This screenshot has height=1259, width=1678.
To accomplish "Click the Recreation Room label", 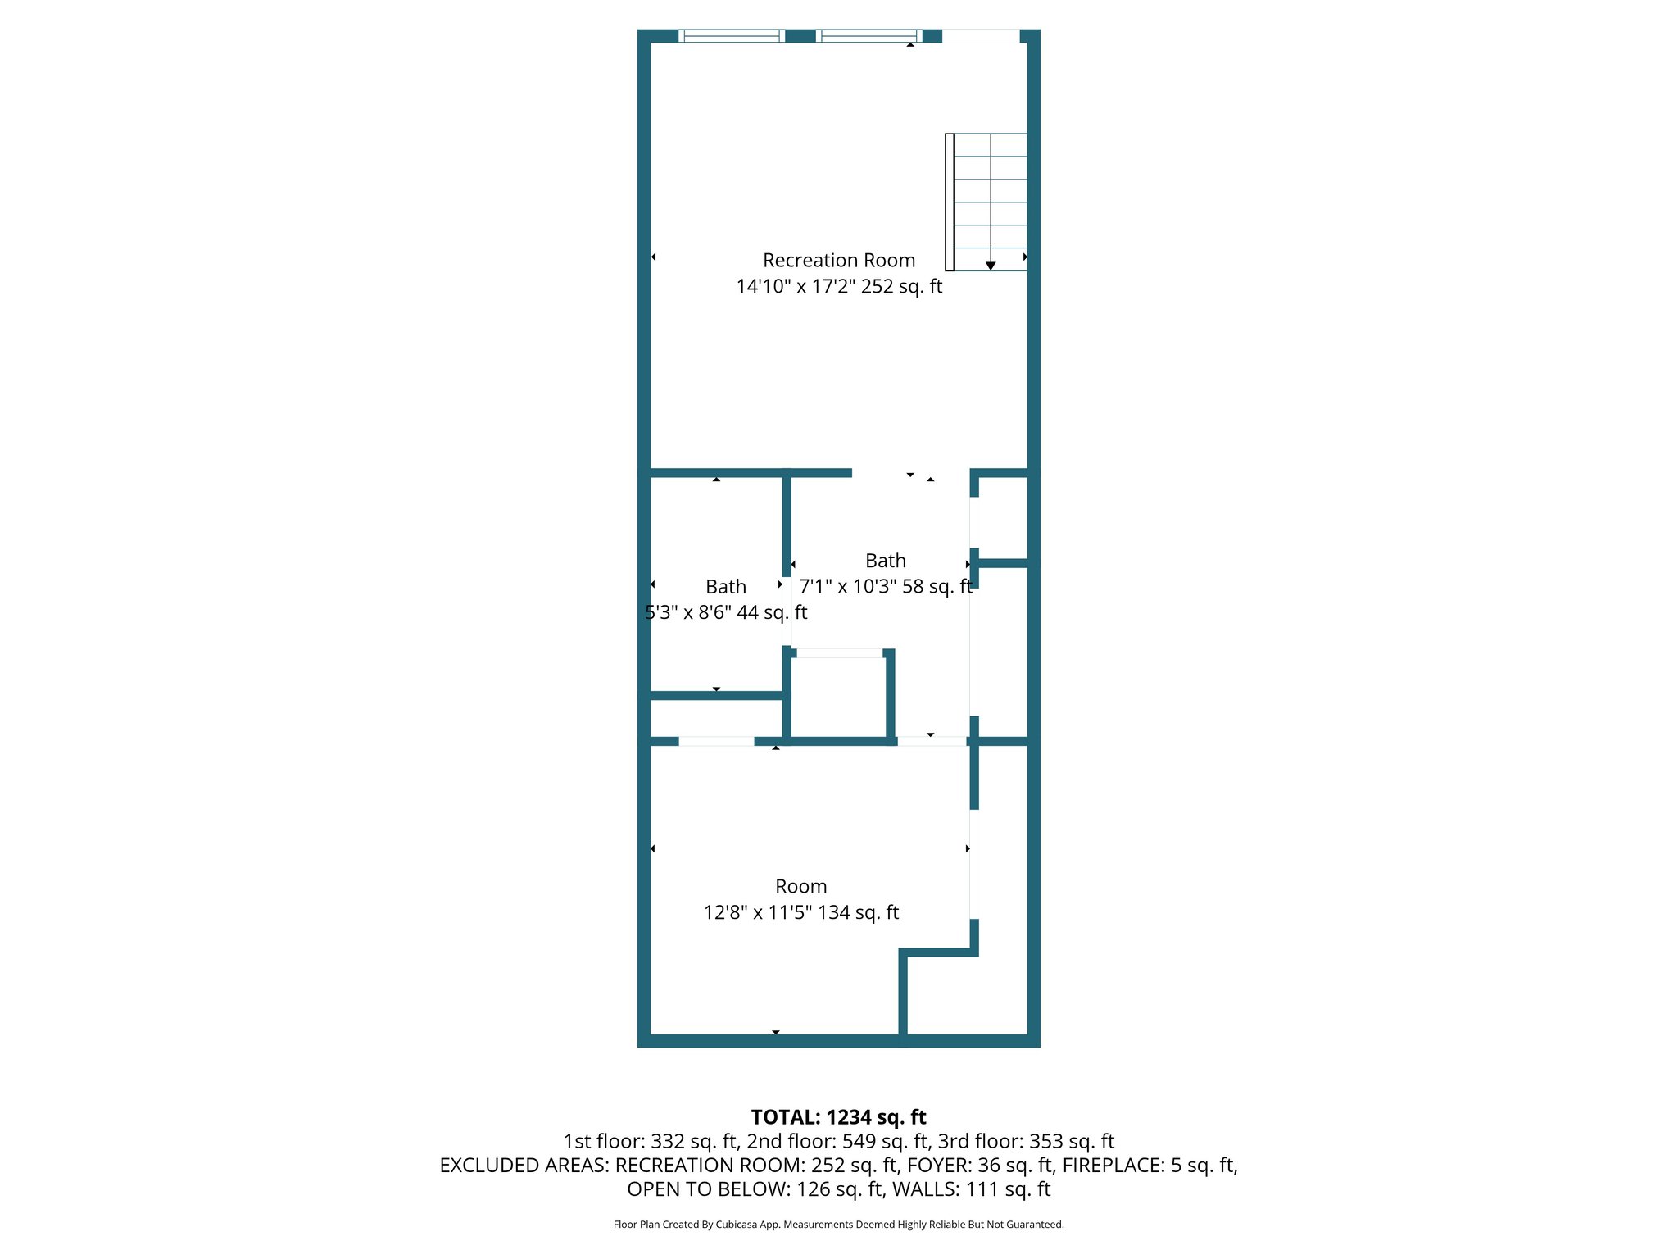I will click(838, 261).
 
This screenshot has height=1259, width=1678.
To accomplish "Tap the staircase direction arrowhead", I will click(991, 266).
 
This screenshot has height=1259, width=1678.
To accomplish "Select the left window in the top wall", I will click(732, 36).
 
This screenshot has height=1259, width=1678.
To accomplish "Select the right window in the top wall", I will click(869, 36).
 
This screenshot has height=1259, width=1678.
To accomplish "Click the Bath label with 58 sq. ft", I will click(885, 561).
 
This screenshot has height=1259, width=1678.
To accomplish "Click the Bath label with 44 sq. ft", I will click(725, 587).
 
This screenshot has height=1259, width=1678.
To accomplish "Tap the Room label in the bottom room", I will click(800, 887).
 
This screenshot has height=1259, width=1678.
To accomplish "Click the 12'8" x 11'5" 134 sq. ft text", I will click(800, 913).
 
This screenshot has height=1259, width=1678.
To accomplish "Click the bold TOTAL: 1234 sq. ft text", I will click(838, 1117).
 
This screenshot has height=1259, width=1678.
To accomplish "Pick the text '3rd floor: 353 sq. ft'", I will click(1026, 1141).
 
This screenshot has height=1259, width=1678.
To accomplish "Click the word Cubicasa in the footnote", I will click(735, 1225).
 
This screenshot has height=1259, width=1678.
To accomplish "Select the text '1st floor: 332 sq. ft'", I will click(651, 1141).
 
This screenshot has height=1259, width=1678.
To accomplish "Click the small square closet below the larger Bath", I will click(838, 697).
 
